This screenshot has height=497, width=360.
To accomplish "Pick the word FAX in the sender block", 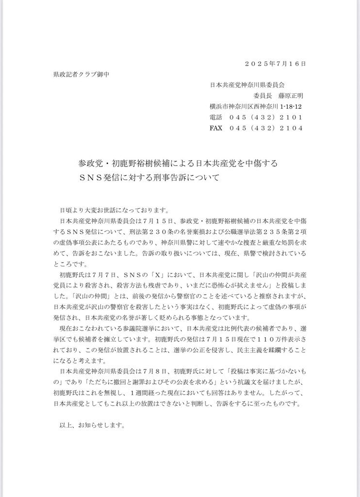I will tap(216, 128).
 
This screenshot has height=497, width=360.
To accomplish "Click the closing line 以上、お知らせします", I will tap(92, 424).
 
